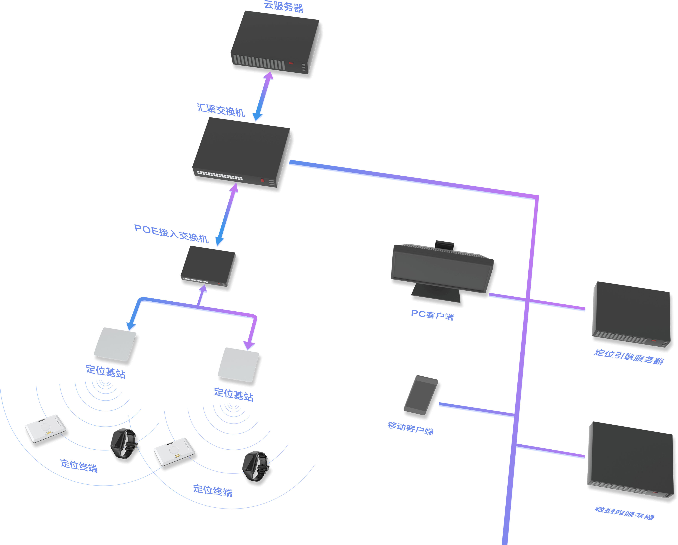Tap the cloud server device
[x=275, y=44]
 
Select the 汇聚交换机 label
[x=221, y=110]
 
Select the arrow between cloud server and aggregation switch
[x=263, y=96]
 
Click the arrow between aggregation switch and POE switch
[x=226, y=215]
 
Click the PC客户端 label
[x=432, y=315]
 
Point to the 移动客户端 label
[x=410, y=428]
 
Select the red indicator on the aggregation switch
[x=262, y=180]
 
